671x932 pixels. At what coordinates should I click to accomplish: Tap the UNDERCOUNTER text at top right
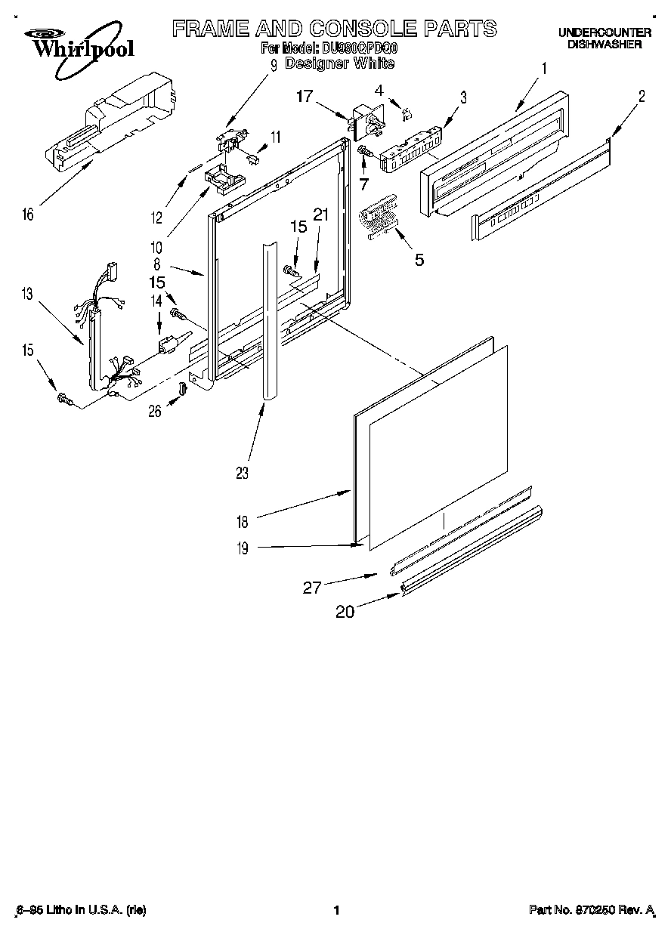[605, 32]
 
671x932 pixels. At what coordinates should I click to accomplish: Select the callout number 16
[27, 215]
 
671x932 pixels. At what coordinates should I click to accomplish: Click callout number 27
[313, 588]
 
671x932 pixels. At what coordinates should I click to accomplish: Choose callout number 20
[345, 612]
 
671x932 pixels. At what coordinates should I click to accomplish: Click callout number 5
[418, 260]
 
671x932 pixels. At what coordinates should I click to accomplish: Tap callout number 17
[304, 96]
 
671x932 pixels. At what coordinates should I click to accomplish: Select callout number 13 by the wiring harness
[27, 295]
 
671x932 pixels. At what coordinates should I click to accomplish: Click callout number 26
[155, 412]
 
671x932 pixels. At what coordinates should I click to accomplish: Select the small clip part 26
[181, 389]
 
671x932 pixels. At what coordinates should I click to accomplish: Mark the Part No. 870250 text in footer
[590, 910]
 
